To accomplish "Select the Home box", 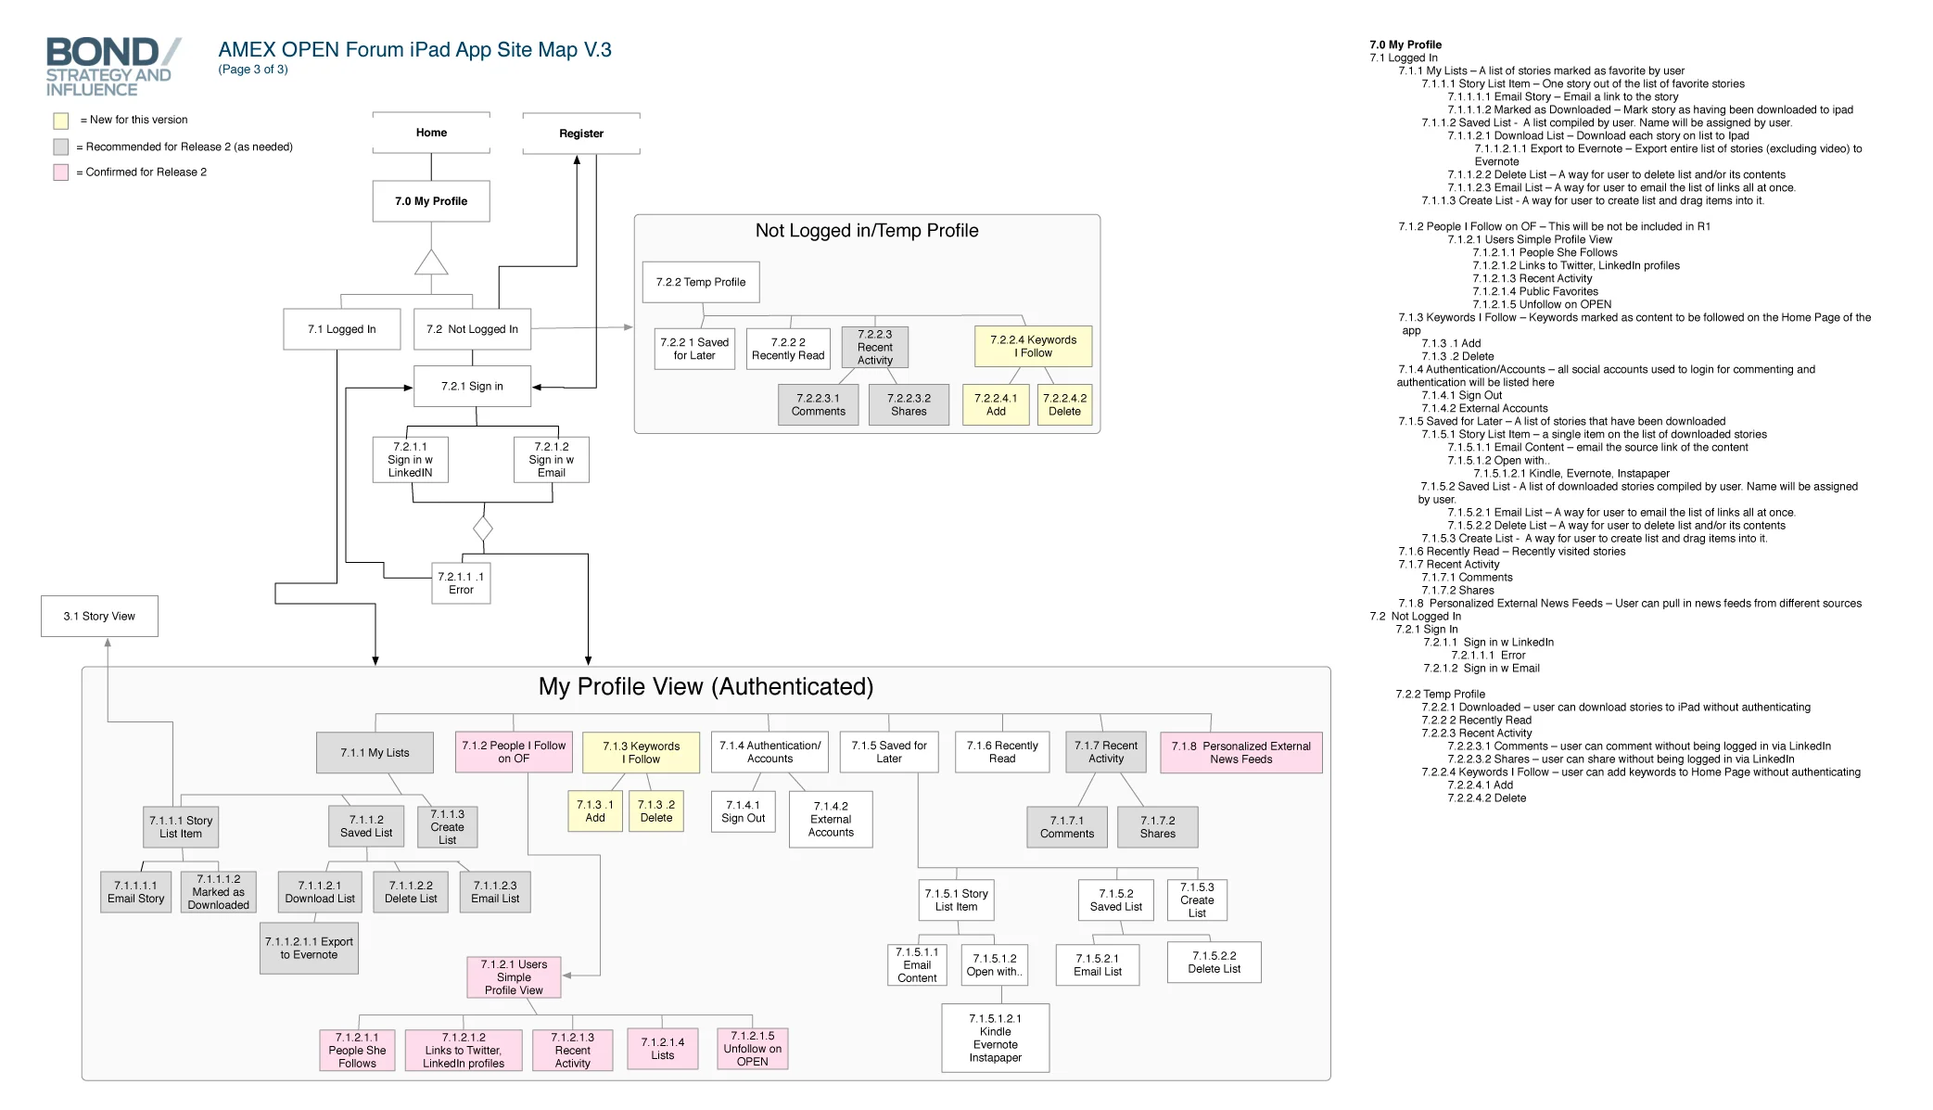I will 431,133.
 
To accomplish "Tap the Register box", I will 581,134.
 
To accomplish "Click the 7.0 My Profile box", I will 431,201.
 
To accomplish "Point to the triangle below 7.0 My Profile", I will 431,264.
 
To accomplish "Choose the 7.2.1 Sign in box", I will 472,386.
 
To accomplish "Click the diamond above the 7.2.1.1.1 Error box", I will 483,529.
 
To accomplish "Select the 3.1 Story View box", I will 99,616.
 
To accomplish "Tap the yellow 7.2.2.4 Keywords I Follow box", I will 1033,346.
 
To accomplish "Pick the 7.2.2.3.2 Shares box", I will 909,404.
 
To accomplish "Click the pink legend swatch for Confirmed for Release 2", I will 61,172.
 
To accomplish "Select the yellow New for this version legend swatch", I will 61,121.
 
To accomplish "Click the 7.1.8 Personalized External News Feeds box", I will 1240,752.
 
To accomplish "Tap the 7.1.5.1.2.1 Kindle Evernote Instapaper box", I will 995,1038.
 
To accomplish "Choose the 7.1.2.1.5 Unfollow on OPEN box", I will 752,1049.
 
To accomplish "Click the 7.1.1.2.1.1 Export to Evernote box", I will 309,948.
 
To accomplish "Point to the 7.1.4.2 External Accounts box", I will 831,819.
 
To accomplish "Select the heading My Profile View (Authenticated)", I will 706,687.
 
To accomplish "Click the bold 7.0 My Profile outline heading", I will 1405,45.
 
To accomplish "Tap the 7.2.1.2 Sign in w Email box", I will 552,459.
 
